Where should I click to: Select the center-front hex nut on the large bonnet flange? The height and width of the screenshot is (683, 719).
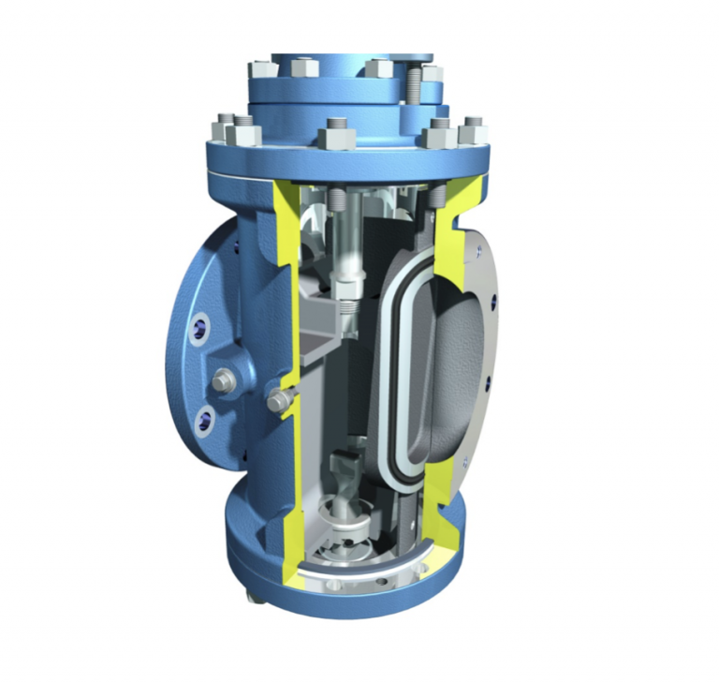(x=336, y=134)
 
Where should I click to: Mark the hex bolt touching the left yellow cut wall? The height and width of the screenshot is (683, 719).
(x=277, y=402)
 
